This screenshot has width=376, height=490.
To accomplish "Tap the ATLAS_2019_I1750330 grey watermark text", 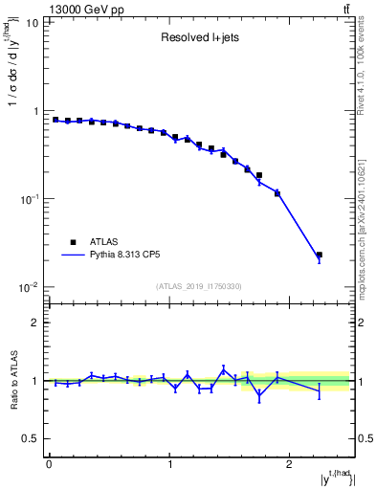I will point(199,286).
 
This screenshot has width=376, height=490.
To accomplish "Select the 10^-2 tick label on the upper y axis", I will point(31,287).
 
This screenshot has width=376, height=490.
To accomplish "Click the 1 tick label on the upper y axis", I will point(37,111).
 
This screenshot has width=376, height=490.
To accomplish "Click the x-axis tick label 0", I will point(49,464).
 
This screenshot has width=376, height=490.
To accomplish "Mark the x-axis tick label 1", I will point(169,464).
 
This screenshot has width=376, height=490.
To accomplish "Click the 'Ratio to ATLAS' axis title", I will point(13,381).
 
